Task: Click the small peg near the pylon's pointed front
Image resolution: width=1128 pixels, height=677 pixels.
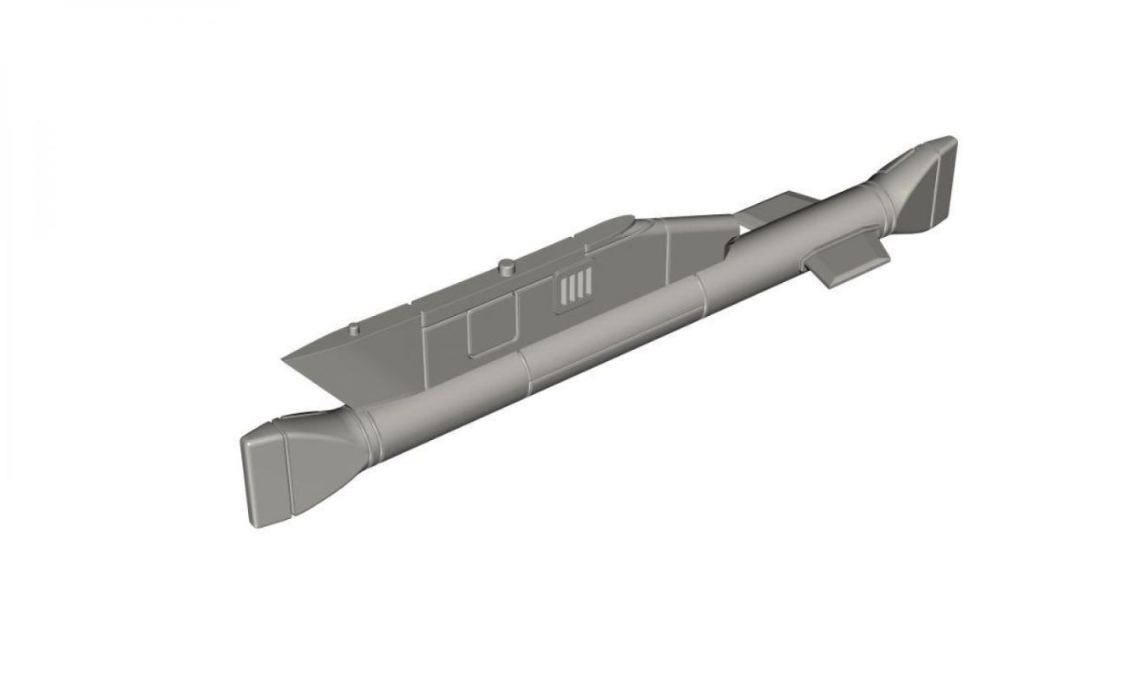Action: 354,329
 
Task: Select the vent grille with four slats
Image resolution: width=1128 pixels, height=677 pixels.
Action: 574,287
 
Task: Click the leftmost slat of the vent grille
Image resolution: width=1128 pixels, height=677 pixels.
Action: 562,291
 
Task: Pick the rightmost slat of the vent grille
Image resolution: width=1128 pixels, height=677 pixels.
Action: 587,283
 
